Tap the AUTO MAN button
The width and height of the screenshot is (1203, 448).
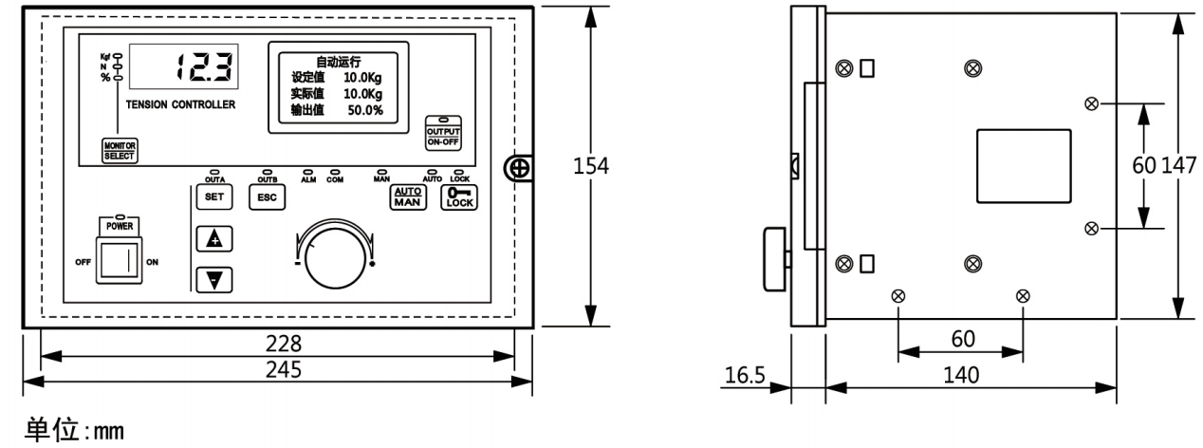point(406,196)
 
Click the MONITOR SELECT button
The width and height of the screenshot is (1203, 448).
point(120,150)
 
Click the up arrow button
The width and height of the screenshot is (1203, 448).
point(213,239)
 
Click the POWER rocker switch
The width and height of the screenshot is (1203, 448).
point(120,257)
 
